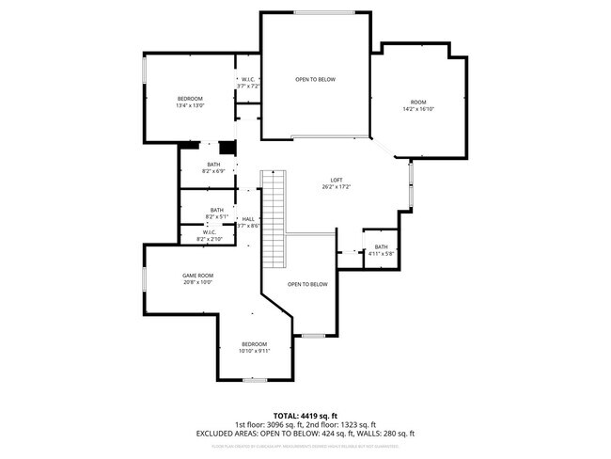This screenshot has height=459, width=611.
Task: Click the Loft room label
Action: pos(336,181)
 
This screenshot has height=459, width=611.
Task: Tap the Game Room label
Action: pos(197,276)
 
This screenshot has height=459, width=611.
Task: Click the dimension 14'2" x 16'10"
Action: pos(418,109)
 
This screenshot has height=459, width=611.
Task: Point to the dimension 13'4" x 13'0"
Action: pos(190,105)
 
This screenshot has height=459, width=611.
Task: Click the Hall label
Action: pos(248,219)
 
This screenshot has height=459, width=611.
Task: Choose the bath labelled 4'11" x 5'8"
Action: pos(381,253)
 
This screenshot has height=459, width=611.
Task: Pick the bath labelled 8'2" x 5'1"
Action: pos(217,216)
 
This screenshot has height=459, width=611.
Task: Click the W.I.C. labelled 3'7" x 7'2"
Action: pos(249,86)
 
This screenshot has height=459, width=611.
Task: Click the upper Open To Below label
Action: pos(315,79)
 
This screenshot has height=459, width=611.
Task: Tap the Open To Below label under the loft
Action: pos(307,284)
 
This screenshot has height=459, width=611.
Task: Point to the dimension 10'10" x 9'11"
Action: pos(255,351)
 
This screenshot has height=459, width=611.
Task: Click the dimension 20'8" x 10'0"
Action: pos(197,282)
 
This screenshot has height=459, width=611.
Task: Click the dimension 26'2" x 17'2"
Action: pos(336,187)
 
